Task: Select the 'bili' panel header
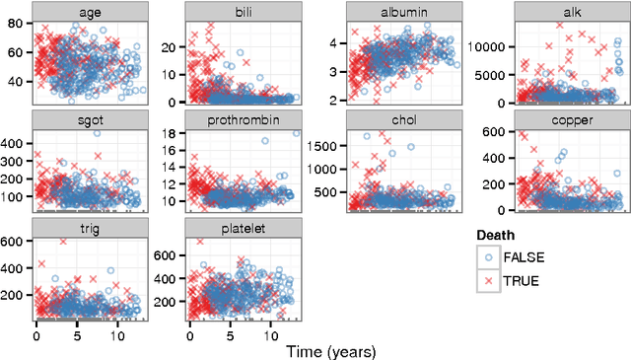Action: point(243,10)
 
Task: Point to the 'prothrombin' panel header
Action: point(243,118)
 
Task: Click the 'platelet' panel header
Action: point(243,227)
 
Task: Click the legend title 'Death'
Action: point(497,236)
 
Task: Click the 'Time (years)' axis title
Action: point(330,350)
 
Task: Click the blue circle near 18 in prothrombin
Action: point(296,132)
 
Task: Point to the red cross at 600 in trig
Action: point(63,241)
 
